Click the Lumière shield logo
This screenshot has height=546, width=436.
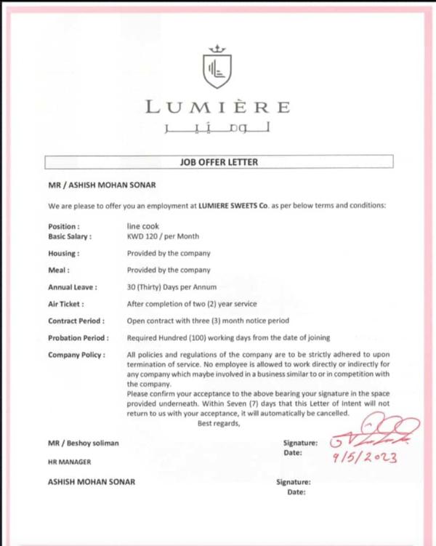(x=217, y=67)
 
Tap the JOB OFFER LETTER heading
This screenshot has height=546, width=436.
(x=218, y=161)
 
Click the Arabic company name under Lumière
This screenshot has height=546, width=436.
(x=217, y=129)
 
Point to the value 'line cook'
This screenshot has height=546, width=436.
(x=142, y=226)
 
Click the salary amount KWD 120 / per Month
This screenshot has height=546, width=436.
(x=163, y=236)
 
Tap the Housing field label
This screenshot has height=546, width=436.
(x=64, y=254)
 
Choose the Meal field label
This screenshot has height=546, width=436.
(x=59, y=270)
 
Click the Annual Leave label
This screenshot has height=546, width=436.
(x=73, y=287)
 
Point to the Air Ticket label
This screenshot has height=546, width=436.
(x=66, y=304)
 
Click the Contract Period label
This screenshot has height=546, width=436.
(x=76, y=321)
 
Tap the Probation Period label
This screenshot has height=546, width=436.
(x=78, y=337)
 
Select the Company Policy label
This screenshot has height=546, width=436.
(x=77, y=354)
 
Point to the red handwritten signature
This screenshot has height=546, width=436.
(x=372, y=433)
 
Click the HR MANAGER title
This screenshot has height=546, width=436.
(x=70, y=462)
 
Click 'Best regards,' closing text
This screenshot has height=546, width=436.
(x=218, y=424)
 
